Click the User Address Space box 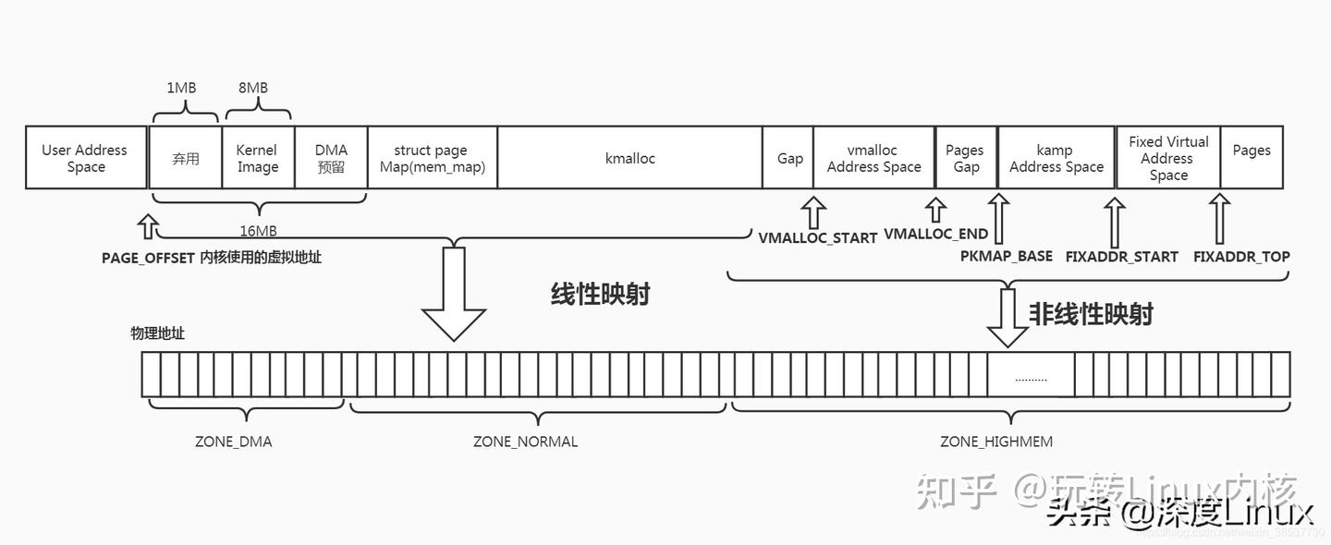click(x=85, y=158)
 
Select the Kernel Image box click(x=257, y=158)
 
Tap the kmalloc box click(x=629, y=158)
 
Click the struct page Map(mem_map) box click(x=432, y=158)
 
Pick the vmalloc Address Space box click(x=873, y=158)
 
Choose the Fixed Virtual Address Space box click(x=1168, y=158)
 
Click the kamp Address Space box click(x=1056, y=158)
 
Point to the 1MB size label click(x=181, y=88)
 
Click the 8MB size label click(x=253, y=88)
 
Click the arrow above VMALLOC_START click(x=813, y=212)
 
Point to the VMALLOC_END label click(x=935, y=234)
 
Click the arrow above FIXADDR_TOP click(x=1220, y=218)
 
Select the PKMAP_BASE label click(x=1006, y=256)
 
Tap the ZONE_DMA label click(x=233, y=442)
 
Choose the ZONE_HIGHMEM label click(x=996, y=442)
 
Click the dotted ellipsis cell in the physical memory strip click(x=1031, y=376)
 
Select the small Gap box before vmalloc click(x=789, y=158)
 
